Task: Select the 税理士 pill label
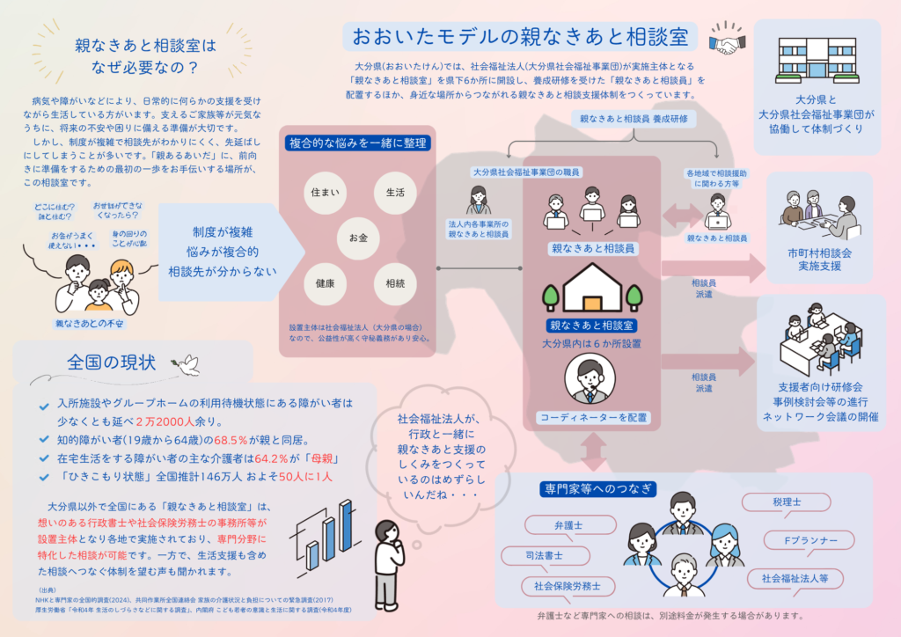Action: (785, 502)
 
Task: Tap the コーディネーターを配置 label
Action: (592, 416)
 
